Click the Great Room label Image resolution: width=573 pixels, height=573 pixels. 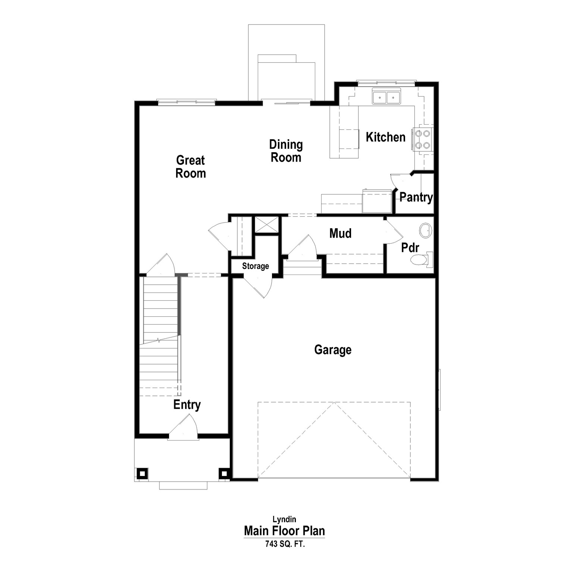click(x=190, y=167)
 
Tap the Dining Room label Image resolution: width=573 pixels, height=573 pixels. click(x=286, y=151)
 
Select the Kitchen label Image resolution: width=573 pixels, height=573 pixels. click(x=385, y=137)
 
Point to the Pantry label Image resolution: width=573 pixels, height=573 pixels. click(x=416, y=197)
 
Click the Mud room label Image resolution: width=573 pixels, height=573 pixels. click(x=340, y=234)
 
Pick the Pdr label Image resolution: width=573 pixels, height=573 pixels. click(x=410, y=248)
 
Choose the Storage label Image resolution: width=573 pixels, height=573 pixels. click(x=256, y=266)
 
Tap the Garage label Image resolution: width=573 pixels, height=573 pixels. click(x=333, y=350)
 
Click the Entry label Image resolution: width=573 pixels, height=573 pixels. click(x=187, y=405)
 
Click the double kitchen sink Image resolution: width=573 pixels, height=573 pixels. click(x=386, y=97)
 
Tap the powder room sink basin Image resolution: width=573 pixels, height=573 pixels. click(x=425, y=231)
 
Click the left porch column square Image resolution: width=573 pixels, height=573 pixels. click(x=142, y=473)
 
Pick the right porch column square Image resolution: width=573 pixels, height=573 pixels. click(x=223, y=473)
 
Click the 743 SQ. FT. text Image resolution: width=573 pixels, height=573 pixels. click(x=285, y=544)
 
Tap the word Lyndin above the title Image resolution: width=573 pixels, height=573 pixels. click(x=284, y=519)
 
